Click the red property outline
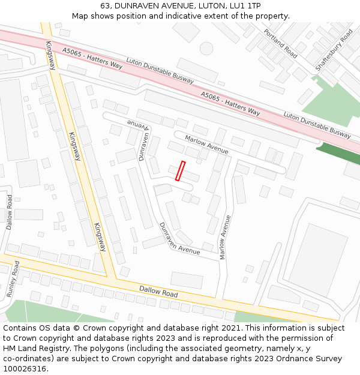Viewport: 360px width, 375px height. coord(180,170)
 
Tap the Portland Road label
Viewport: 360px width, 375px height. coord(280,43)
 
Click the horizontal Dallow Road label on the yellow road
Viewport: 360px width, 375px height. coord(158,292)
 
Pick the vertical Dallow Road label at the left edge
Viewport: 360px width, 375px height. coord(10,212)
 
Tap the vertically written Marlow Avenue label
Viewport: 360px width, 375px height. coord(224,237)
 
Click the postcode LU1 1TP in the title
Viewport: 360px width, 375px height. coord(246,6)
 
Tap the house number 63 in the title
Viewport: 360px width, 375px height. coord(104,6)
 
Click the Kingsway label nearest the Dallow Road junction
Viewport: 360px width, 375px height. coord(99,237)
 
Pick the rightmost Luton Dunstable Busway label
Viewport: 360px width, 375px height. coord(317,124)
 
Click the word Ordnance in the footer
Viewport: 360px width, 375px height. coord(280,359)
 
